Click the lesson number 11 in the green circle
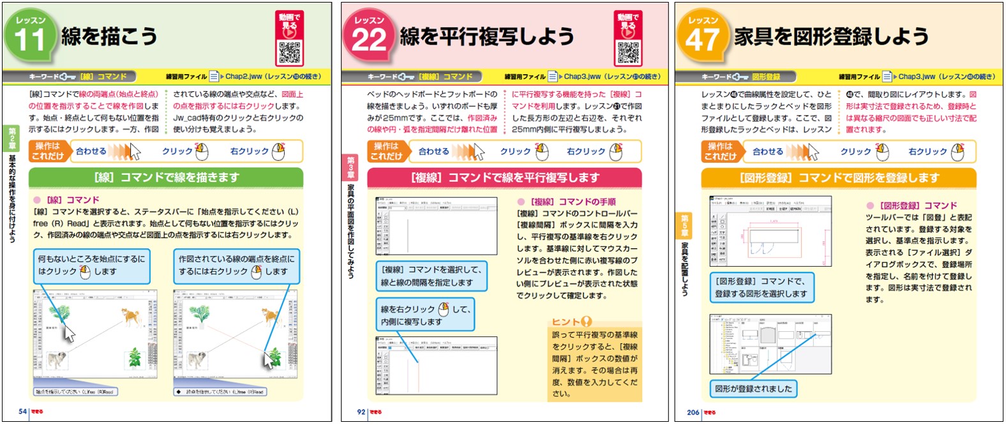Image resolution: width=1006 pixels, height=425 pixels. coord(29,40)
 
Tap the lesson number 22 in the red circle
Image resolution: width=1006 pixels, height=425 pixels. coord(369,40)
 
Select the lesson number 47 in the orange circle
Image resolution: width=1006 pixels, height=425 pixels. coord(702,40)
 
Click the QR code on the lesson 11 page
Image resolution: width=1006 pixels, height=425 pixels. coord(290,53)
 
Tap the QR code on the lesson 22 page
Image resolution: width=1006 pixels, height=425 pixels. coord(628,53)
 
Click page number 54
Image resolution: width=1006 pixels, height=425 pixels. coord(22,412)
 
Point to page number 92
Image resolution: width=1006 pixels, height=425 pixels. coord(361,412)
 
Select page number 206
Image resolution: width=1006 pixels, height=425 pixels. coord(693,412)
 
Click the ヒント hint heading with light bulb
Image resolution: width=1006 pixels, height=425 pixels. coord(572,322)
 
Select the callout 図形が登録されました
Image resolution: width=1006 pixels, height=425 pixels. coord(753,389)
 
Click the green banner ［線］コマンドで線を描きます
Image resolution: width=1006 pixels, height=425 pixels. coord(166,177)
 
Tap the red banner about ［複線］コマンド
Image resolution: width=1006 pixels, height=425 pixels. coord(504,177)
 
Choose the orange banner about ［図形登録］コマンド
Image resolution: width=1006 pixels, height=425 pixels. coord(839,177)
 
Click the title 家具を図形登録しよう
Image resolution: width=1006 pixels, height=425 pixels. coord(831,36)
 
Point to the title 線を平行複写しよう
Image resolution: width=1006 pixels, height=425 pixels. coord(487,36)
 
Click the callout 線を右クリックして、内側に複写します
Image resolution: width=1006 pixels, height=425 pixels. coord(425,315)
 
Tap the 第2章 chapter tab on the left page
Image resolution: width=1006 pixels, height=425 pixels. coord(12,138)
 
